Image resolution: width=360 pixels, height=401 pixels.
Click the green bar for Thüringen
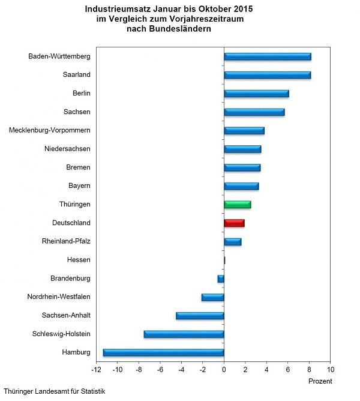click(238, 205)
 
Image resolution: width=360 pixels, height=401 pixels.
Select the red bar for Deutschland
click(234, 223)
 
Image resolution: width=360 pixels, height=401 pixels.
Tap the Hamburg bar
click(163, 352)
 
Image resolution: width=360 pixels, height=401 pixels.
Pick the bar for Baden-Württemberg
click(268, 57)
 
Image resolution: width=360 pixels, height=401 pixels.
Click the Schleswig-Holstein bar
click(184, 334)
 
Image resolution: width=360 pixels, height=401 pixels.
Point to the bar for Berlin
click(256, 94)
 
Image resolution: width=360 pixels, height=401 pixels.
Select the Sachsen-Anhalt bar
click(200, 316)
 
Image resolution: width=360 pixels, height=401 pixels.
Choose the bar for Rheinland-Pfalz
click(233, 242)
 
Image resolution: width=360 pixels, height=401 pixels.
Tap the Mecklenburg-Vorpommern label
click(50, 130)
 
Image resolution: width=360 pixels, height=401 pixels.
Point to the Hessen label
click(79, 260)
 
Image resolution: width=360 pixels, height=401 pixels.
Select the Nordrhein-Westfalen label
click(59, 297)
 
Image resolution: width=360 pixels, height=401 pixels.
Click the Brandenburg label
click(71, 279)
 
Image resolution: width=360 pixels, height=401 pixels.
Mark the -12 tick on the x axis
click(96, 370)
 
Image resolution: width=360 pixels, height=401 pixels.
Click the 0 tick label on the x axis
click(224, 370)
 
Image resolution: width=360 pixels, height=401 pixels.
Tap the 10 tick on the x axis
click(331, 370)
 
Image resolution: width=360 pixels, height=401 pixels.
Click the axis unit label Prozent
click(320, 381)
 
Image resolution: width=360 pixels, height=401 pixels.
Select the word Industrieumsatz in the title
click(113, 10)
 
